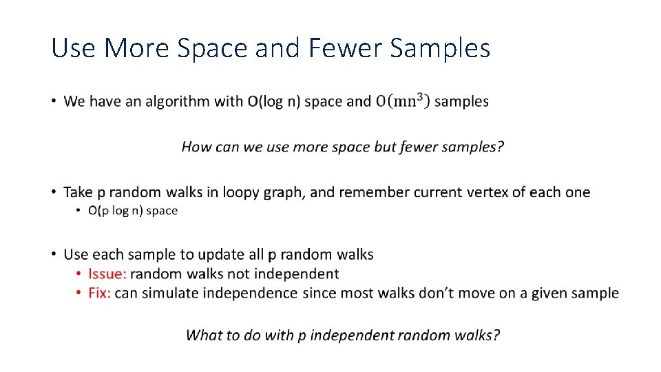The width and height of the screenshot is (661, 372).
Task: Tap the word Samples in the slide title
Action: tap(440, 48)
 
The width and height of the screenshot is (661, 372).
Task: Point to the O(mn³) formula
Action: tap(403, 101)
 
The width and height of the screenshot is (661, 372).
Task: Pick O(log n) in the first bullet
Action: tap(273, 102)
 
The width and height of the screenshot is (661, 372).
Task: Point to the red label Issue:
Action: tap(107, 274)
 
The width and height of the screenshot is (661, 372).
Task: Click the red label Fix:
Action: tap(100, 293)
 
